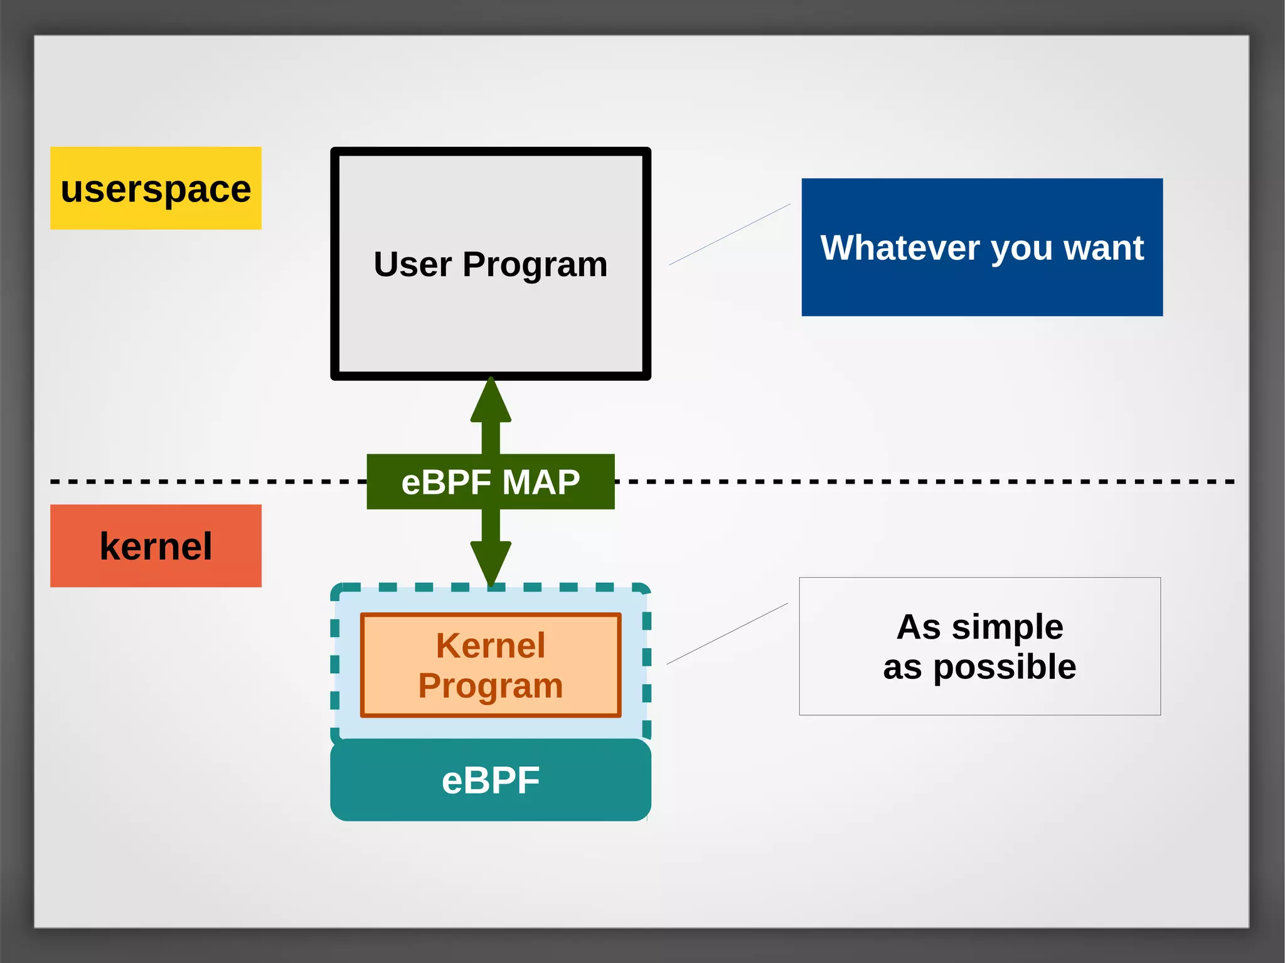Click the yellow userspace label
(x=156, y=188)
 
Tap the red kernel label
(x=156, y=546)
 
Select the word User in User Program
(x=412, y=264)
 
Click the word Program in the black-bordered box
(x=535, y=264)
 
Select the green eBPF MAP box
(x=490, y=482)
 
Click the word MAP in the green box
(x=541, y=482)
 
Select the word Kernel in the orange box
(x=491, y=646)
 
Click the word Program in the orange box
(x=491, y=686)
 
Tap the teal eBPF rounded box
(x=491, y=780)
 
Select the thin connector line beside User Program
(x=730, y=234)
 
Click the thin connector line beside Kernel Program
(x=727, y=634)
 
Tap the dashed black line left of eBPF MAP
(x=207, y=482)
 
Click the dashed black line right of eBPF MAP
(x=922, y=482)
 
